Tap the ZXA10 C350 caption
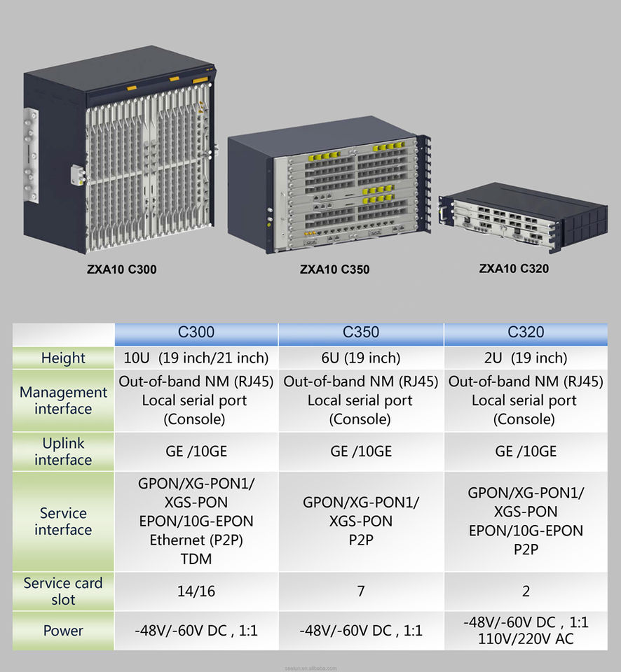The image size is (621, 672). tap(334, 269)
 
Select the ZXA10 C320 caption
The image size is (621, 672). tap(514, 268)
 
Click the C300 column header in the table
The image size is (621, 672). tap(196, 333)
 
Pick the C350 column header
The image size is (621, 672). tap(361, 333)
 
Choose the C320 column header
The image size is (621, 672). tap(526, 333)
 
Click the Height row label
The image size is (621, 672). tap(63, 358)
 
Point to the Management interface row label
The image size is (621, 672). tap(63, 400)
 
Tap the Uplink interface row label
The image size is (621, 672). tap(63, 451)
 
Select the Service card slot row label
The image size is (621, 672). tap(63, 591)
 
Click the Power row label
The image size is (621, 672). tap(63, 631)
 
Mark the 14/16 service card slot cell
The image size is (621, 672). tap(196, 591)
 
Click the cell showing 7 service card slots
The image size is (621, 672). tap(361, 591)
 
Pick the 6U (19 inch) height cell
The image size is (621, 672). tap(361, 358)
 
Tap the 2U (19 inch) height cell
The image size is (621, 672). tap(526, 358)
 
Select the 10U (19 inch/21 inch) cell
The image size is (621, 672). tap(196, 358)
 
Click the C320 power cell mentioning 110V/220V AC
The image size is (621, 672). tap(526, 631)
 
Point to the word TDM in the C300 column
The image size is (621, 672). tap(196, 559)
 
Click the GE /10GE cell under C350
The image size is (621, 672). tap(361, 451)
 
